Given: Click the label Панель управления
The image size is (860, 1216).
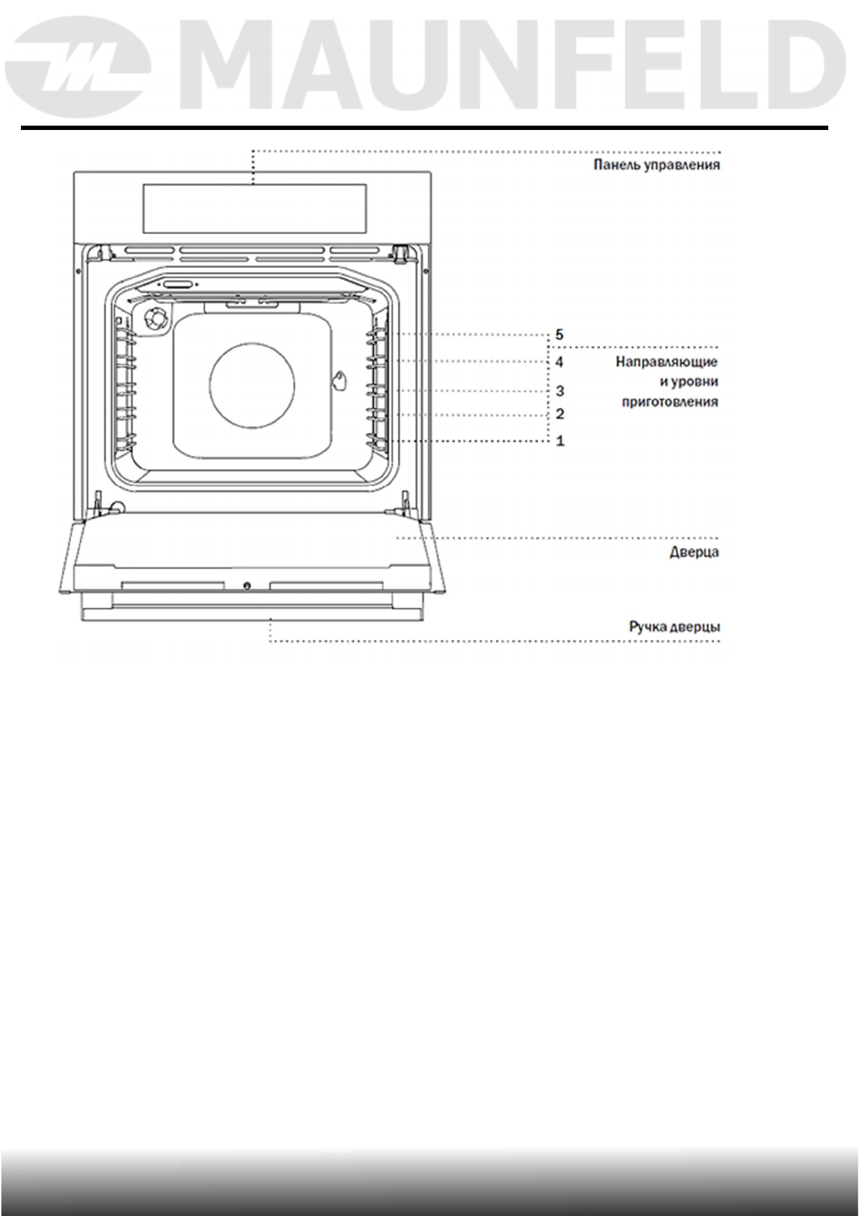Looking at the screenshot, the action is click(x=656, y=165).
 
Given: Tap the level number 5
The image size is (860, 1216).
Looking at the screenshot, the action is click(x=559, y=335).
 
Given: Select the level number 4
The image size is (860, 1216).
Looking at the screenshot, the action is click(x=559, y=362).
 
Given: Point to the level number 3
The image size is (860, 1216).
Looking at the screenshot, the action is click(x=560, y=391).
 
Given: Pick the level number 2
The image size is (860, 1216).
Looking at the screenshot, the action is click(x=560, y=414).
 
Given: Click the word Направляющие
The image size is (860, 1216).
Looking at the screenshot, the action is click(x=666, y=362).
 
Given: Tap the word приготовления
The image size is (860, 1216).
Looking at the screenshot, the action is click(x=670, y=402).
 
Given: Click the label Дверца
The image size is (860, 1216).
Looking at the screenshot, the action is click(x=694, y=552).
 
